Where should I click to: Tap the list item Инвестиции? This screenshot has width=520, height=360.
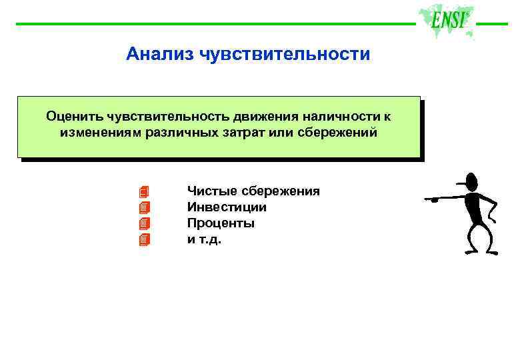[x=227, y=207]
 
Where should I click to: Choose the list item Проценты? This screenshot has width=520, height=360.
[x=221, y=223]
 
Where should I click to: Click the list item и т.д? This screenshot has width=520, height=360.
[x=204, y=239]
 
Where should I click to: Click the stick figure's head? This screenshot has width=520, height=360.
[x=471, y=181]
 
